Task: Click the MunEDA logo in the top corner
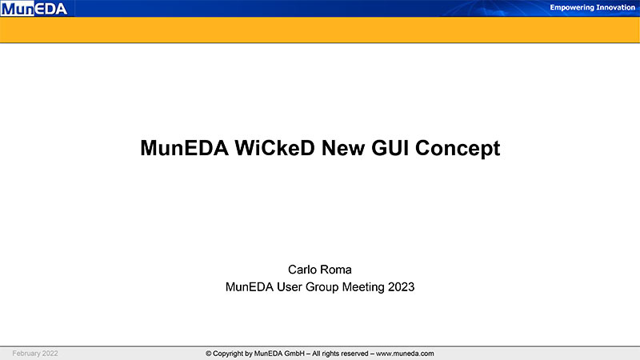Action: (x=34, y=9)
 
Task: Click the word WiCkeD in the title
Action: (x=274, y=148)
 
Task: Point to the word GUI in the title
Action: (x=390, y=148)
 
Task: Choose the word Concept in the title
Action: (x=458, y=149)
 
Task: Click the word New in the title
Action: (x=343, y=148)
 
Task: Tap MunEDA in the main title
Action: (x=184, y=148)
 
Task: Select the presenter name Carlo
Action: (x=302, y=270)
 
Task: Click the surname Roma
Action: (x=336, y=270)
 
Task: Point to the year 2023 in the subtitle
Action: (x=402, y=287)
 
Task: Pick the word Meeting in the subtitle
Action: (x=363, y=287)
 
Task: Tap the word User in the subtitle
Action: (x=290, y=287)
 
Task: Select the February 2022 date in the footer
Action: (x=35, y=354)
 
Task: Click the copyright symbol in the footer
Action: (x=209, y=354)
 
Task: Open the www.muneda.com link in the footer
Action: (x=405, y=354)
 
